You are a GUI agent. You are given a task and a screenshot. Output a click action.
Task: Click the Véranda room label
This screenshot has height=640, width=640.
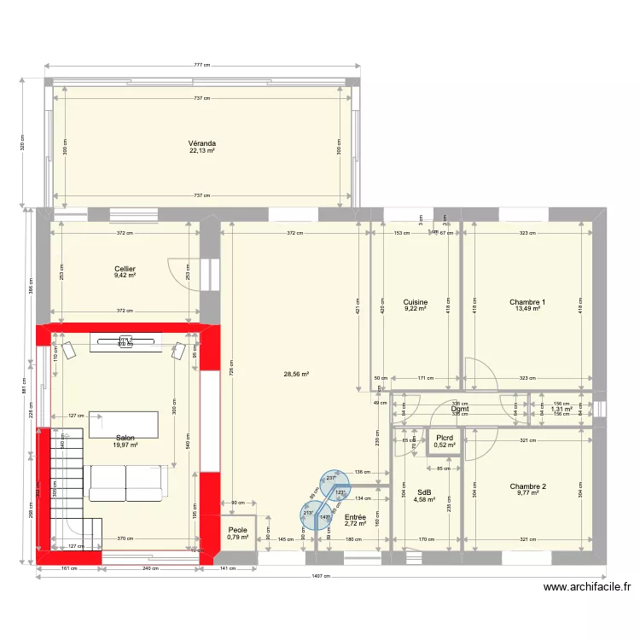click(202, 143)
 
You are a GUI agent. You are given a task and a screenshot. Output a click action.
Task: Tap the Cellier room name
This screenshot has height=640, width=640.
click(125, 269)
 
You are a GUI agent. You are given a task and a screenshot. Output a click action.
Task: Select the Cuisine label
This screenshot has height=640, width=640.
click(415, 302)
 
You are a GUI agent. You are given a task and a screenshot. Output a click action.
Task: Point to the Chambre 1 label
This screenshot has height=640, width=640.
click(527, 302)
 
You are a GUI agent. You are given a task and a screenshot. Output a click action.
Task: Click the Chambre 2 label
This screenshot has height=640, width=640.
click(527, 486)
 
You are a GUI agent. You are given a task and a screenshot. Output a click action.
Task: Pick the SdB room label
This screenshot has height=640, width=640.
click(424, 492)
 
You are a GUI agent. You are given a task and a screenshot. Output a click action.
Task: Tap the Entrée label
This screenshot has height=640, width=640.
click(355, 517)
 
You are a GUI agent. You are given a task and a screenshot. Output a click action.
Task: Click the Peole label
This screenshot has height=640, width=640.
click(237, 531)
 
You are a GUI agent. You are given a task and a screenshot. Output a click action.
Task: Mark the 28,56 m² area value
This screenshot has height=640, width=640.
click(296, 374)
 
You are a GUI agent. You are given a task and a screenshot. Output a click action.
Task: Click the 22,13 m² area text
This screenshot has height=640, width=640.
click(202, 151)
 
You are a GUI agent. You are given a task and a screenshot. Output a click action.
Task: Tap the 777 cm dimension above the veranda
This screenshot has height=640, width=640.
click(202, 66)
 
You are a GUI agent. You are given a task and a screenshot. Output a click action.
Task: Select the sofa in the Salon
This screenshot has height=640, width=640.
click(125, 484)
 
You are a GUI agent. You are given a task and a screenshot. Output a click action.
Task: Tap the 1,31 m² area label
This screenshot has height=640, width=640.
click(561, 410)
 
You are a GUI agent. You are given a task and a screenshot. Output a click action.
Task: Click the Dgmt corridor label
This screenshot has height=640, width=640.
click(461, 409)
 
